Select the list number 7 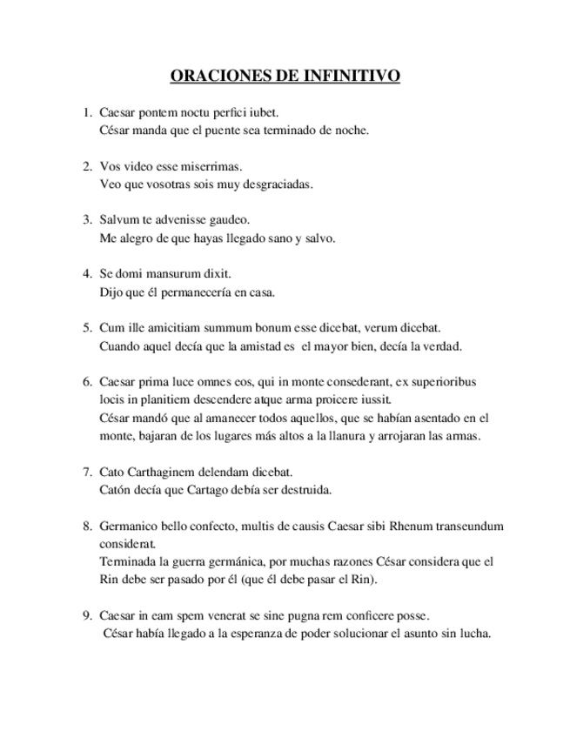click(87, 472)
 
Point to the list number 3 click(87, 219)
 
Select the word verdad click(442, 346)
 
